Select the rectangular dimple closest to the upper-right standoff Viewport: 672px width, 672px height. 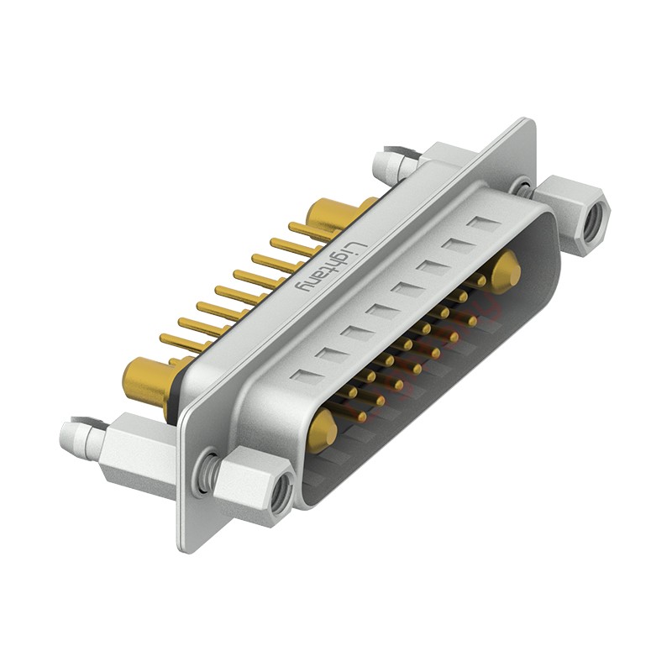point(483,224)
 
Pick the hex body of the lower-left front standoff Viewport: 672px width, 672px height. point(252,479)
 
